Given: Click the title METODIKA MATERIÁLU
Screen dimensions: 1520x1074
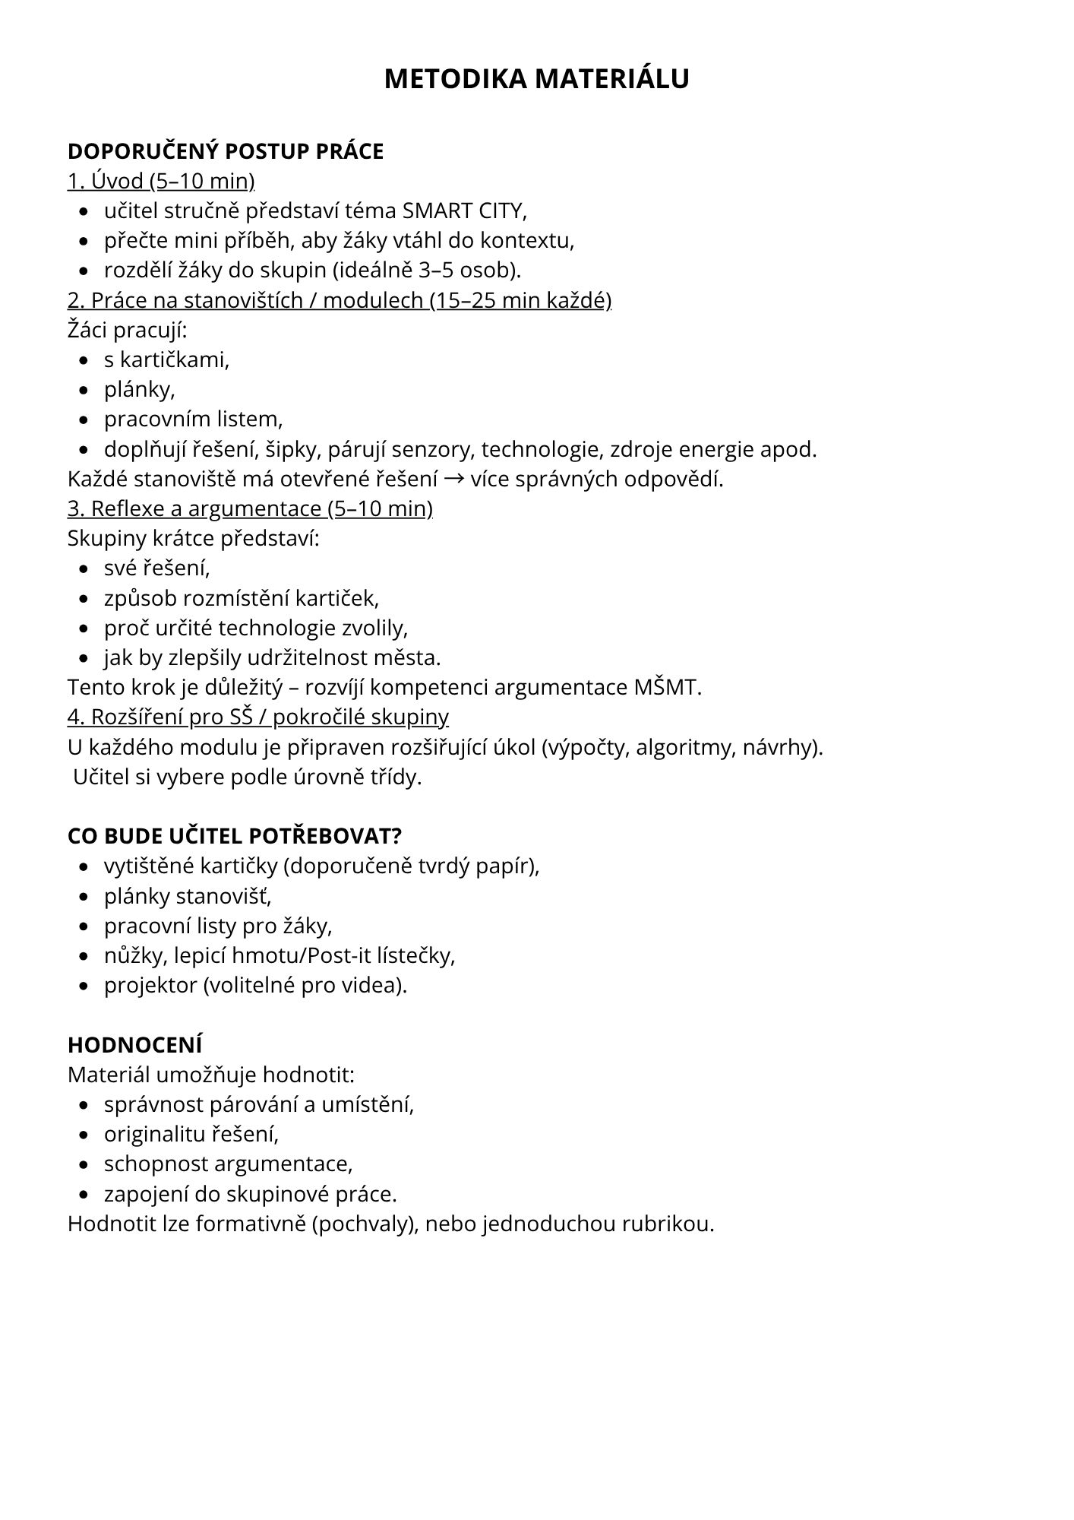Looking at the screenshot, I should click(x=536, y=79).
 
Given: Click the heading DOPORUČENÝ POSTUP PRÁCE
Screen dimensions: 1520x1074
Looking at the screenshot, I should click(x=226, y=151).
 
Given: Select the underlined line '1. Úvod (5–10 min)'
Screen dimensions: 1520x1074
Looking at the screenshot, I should click(x=161, y=181).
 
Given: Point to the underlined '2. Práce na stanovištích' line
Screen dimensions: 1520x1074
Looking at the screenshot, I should click(x=339, y=300).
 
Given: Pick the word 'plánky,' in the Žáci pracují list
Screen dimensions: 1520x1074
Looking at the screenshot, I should click(x=140, y=389).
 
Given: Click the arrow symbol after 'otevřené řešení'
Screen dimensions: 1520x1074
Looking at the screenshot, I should click(x=454, y=479).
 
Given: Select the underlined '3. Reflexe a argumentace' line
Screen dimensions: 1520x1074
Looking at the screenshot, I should click(x=250, y=508).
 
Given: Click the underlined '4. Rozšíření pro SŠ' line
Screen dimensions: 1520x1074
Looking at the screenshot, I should click(x=258, y=717).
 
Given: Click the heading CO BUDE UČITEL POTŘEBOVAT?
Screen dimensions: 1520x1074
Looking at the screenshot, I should click(x=234, y=836).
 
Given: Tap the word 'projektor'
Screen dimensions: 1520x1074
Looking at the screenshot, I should click(x=150, y=985).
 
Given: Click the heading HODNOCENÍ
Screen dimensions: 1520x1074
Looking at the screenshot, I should click(x=135, y=1045).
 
